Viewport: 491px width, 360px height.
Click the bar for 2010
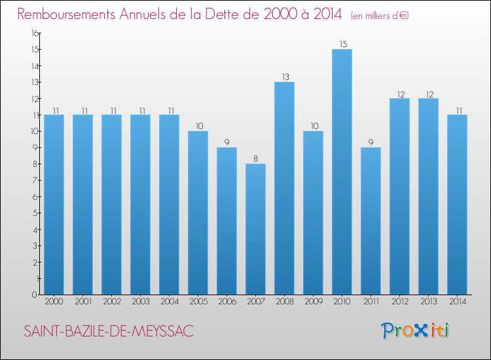click(x=342, y=171)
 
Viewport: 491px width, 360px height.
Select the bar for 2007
click(x=255, y=229)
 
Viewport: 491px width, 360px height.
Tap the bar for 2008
click(x=284, y=188)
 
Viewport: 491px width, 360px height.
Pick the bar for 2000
click(x=54, y=204)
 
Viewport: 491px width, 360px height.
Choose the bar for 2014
click(x=457, y=204)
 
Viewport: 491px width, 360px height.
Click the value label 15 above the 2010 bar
click(x=342, y=44)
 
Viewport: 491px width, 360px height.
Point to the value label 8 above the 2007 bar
click(x=255, y=158)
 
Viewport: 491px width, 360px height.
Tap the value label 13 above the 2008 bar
click(x=285, y=77)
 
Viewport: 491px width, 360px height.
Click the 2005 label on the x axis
click(x=198, y=302)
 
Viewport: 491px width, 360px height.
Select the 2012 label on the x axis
click(x=399, y=302)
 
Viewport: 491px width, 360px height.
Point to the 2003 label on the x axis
click(x=140, y=302)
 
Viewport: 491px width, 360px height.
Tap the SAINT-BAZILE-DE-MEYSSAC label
click(x=109, y=331)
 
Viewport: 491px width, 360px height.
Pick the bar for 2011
click(x=371, y=221)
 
